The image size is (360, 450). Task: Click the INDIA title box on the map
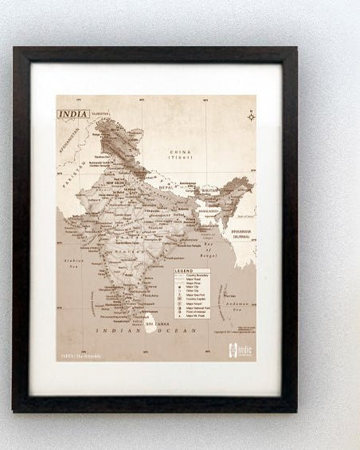73,114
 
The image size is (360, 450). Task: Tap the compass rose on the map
251,117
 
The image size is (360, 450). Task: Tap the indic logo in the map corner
238,348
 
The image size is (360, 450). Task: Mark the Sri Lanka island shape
149,320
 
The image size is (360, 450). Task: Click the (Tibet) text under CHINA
180,158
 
